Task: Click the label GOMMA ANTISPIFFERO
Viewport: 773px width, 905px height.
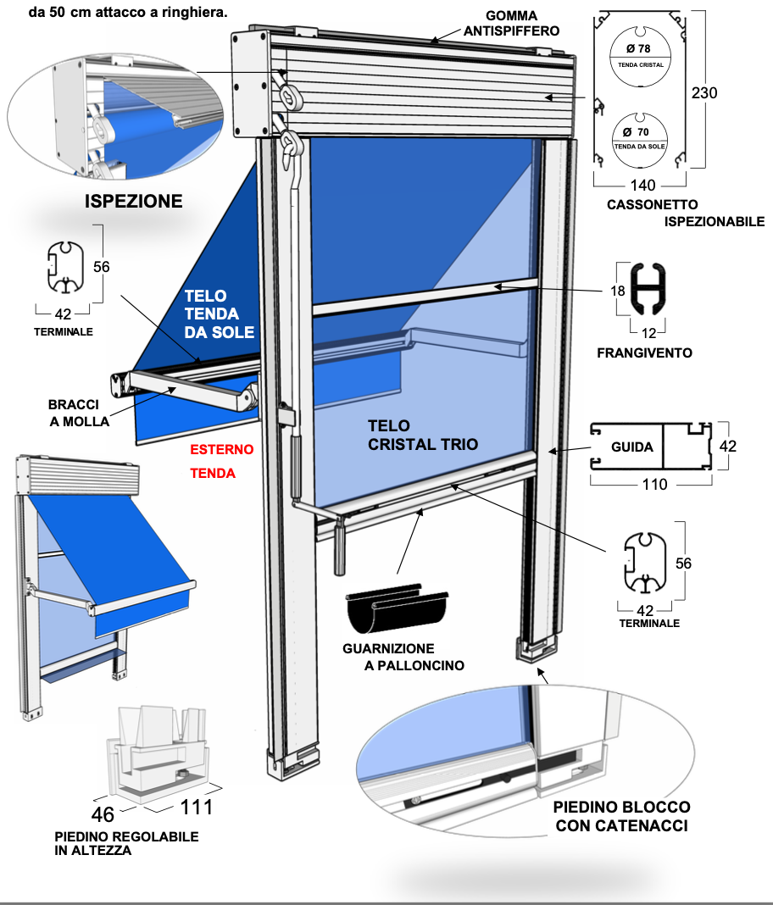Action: pos(511,23)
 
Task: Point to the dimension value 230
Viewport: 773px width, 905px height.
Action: pos(703,92)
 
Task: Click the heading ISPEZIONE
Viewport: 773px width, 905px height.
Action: pos(133,201)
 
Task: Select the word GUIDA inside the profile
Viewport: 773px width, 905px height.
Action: pos(632,447)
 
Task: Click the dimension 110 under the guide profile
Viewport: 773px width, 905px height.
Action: pos(654,485)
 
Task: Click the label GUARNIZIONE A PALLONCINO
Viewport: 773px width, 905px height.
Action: pos(403,657)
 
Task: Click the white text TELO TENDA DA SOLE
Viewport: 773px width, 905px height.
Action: pos(219,314)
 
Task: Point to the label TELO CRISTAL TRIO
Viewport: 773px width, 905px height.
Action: pos(422,435)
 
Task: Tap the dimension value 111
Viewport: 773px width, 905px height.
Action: pos(196,808)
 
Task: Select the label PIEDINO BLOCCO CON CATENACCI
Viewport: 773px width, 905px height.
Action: pos(620,815)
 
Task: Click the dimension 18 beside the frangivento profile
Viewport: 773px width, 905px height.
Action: pos(618,291)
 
